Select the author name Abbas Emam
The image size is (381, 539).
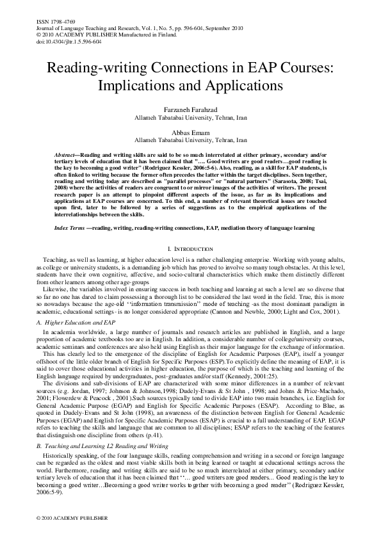click(x=190, y=131)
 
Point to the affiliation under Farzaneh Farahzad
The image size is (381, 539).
click(x=190, y=118)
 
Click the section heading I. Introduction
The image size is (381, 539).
click(x=190, y=247)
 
